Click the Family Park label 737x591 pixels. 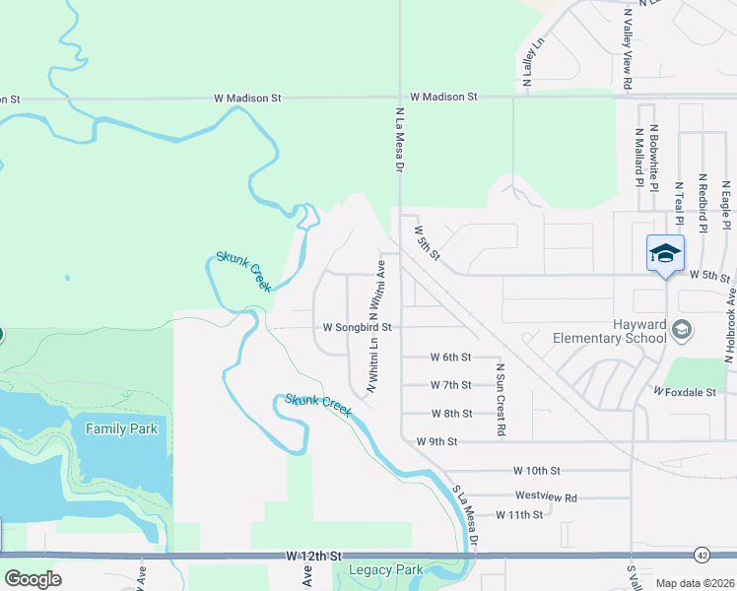click(x=121, y=428)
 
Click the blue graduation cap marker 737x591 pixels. click(x=665, y=253)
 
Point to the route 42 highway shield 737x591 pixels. click(x=701, y=555)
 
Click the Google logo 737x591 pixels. click(x=33, y=579)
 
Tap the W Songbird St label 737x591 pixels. click(x=359, y=327)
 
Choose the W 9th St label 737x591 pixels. click(x=436, y=441)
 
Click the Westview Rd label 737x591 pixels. click(x=545, y=497)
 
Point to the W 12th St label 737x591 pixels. click(x=314, y=557)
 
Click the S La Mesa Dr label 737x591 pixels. click(x=465, y=517)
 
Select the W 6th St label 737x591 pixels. click(x=451, y=357)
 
